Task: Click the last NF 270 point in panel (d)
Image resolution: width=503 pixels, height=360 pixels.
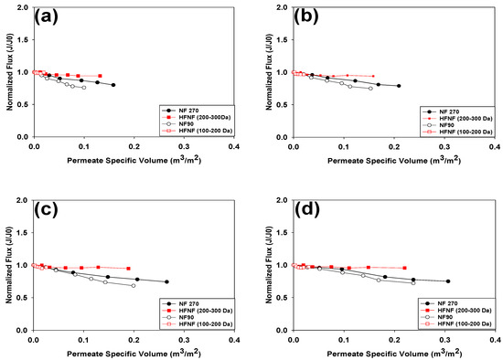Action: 447,281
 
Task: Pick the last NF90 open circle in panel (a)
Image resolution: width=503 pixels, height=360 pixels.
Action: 84,88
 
